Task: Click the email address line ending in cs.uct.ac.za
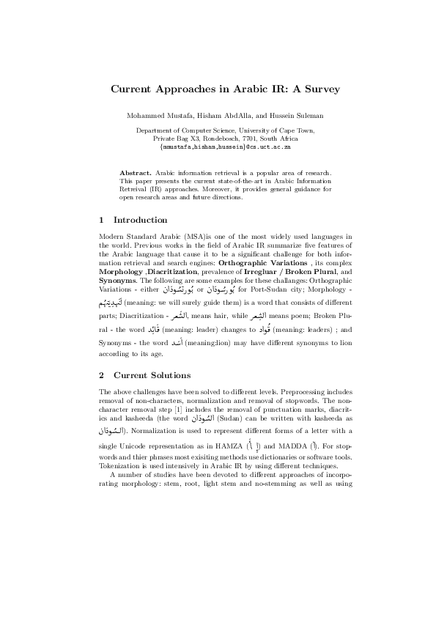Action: click(226, 147)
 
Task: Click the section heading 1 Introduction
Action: click(133, 220)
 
